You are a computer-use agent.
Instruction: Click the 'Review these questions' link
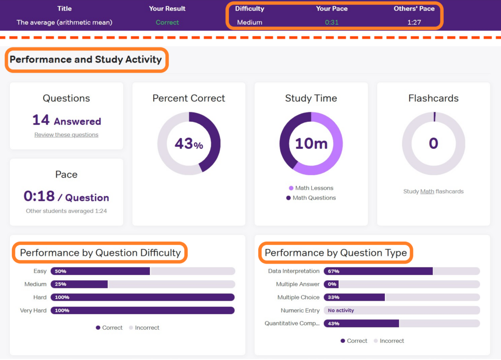click(66, 135)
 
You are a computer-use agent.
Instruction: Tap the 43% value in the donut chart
click(189, 143)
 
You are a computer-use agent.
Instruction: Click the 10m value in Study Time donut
click(311, 143)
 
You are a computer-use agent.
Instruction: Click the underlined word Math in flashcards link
click(427, 191)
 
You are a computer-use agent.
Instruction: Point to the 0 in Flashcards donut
click(433, 143)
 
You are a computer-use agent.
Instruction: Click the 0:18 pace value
click(39, 196)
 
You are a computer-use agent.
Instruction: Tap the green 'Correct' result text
click(167, 22)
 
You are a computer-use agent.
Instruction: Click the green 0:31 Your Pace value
click(332, 22)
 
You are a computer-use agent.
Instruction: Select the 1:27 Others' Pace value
click(414, 22)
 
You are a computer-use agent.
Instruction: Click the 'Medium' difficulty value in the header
click(250, 22)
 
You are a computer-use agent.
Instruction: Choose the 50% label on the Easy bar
click(61, 271)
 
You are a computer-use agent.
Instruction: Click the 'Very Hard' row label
click(33, 310)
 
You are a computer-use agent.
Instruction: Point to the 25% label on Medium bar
click(61, 284)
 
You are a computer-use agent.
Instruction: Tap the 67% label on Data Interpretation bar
click(334, 271)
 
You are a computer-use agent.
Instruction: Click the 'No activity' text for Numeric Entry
click(341, 310)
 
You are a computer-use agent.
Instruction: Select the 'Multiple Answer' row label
click(297, 284)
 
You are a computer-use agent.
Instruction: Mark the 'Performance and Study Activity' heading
click(86, 60)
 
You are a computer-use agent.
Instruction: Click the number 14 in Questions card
click(41, 120)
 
